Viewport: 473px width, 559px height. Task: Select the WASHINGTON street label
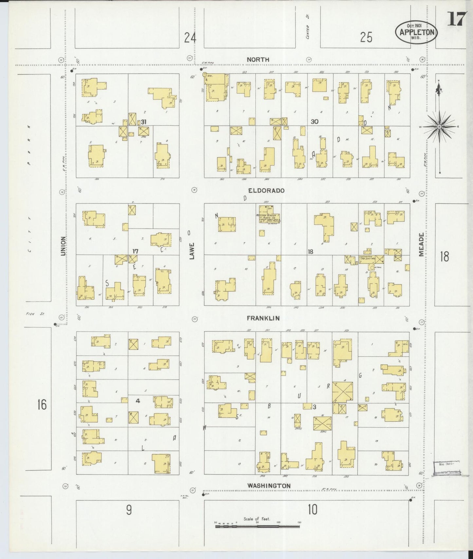269,486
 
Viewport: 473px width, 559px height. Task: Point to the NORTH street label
258,59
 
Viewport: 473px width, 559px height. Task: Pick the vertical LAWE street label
192,251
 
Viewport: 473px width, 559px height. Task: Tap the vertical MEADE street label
421,244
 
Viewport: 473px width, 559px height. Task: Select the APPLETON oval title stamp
416,32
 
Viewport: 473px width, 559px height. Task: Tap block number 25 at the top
366,38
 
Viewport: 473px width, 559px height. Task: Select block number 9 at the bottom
129,510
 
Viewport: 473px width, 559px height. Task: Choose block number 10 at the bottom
313,509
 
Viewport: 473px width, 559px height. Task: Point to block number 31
143,122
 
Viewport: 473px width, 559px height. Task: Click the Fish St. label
35,314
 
